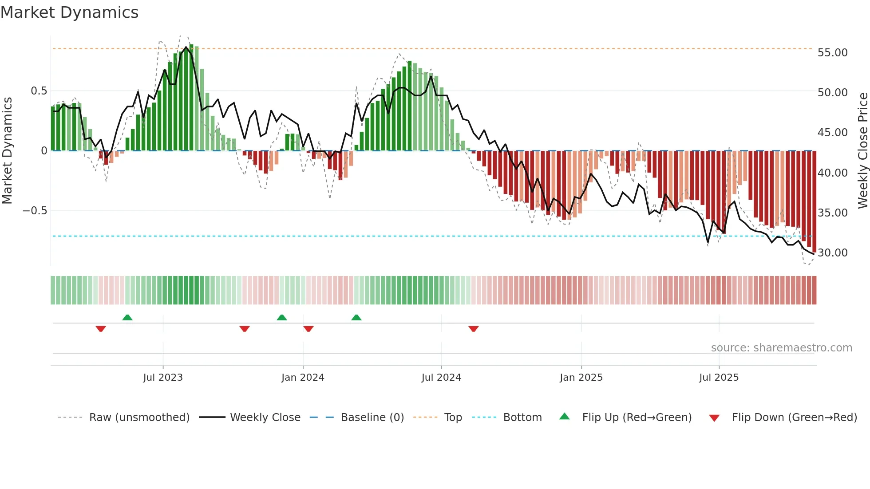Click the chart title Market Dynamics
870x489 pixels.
(70, 12)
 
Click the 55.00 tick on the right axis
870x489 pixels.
(832, 53)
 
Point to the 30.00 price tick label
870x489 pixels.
(832, 253)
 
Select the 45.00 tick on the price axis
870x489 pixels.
(832, 133)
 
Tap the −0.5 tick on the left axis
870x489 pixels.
(35, 211)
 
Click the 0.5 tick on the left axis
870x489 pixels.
(39, 91)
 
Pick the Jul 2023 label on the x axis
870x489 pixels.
(163, 378)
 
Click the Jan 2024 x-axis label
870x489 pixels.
(303, 378)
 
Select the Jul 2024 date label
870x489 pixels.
(441, 378)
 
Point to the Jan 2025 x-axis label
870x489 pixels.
(581, 378)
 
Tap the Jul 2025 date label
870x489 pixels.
(719, 378)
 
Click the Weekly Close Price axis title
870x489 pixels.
(862, 150)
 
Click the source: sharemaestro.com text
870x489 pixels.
(781, 348)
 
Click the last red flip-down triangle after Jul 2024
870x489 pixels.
(474, 329)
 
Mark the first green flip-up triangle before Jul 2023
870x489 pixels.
(127, 317)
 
